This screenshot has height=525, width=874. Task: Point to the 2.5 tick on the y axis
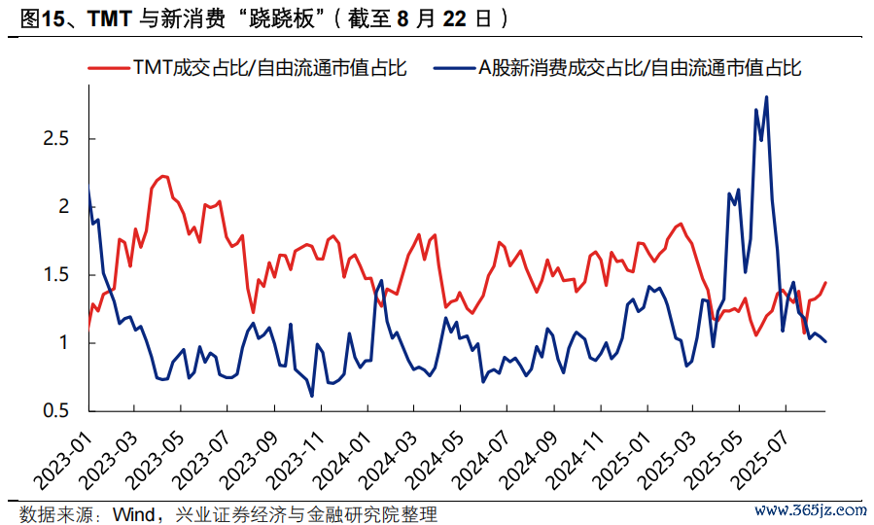55,139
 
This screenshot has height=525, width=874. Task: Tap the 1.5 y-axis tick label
55,275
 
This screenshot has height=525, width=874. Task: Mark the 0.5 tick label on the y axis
55,411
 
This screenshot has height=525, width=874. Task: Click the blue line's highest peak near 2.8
766,97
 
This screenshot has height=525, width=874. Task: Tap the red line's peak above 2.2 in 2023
162,176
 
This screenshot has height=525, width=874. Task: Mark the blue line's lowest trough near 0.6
311,396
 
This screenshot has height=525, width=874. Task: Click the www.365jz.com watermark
810,509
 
